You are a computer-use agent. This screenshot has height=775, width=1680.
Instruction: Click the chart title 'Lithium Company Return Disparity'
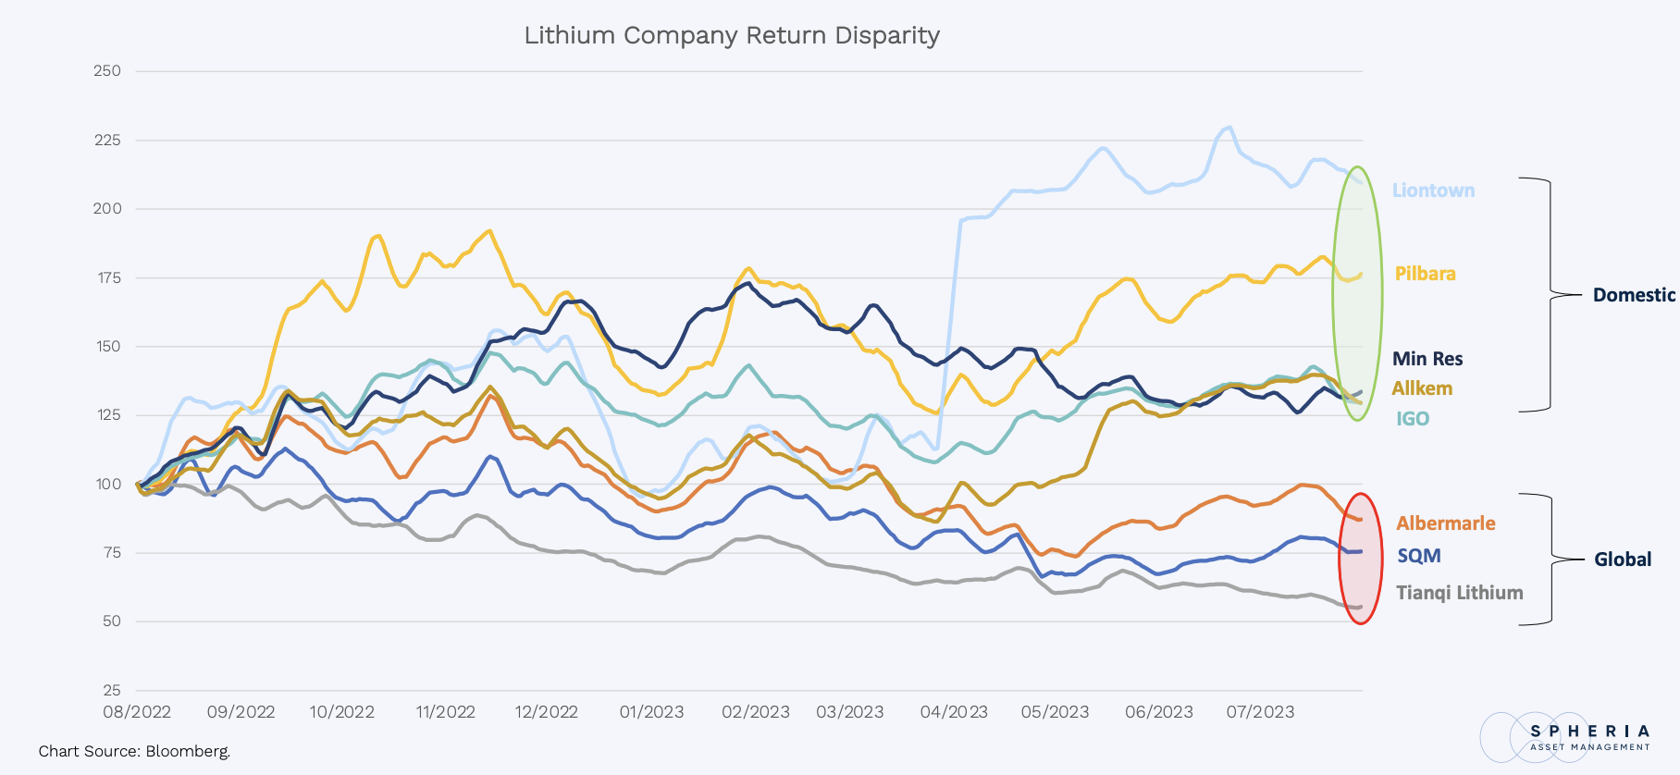click(732, 35)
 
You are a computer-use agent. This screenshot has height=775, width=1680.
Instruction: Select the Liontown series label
click(1433, 191)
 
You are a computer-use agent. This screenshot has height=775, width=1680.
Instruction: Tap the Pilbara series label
click(1425, 274)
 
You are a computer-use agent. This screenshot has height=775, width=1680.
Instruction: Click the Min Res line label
click(1427, 359)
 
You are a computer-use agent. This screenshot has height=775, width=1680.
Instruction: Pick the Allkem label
click(1422, 388)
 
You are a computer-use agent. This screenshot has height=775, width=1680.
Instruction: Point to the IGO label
click(1413, 419)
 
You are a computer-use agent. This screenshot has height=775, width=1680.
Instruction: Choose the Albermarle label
click(1445, 523)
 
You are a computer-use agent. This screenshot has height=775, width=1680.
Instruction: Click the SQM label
click(1419, 556)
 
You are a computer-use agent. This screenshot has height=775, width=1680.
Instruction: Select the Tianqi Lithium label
click(1459, 593)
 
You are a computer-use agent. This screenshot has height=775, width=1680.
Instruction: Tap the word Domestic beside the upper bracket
click(1634, 295)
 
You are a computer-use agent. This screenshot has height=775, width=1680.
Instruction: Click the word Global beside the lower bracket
click(1623, 560)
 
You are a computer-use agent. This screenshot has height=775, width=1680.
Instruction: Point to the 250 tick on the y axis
click(107, 71)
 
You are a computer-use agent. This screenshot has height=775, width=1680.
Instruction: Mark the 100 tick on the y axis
click(108, 484)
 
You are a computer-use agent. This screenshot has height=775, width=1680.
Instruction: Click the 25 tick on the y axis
click(112, 690)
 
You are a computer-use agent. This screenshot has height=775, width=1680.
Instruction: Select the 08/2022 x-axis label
click(137, 712)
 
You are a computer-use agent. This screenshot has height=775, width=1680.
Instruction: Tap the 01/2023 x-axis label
click(651, 712)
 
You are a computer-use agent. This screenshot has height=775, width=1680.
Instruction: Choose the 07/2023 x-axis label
click(1260, 712)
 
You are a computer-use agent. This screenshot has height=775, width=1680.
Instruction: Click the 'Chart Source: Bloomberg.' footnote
click(134, 751)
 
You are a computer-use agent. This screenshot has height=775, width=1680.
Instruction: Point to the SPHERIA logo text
click(1589, 732)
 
